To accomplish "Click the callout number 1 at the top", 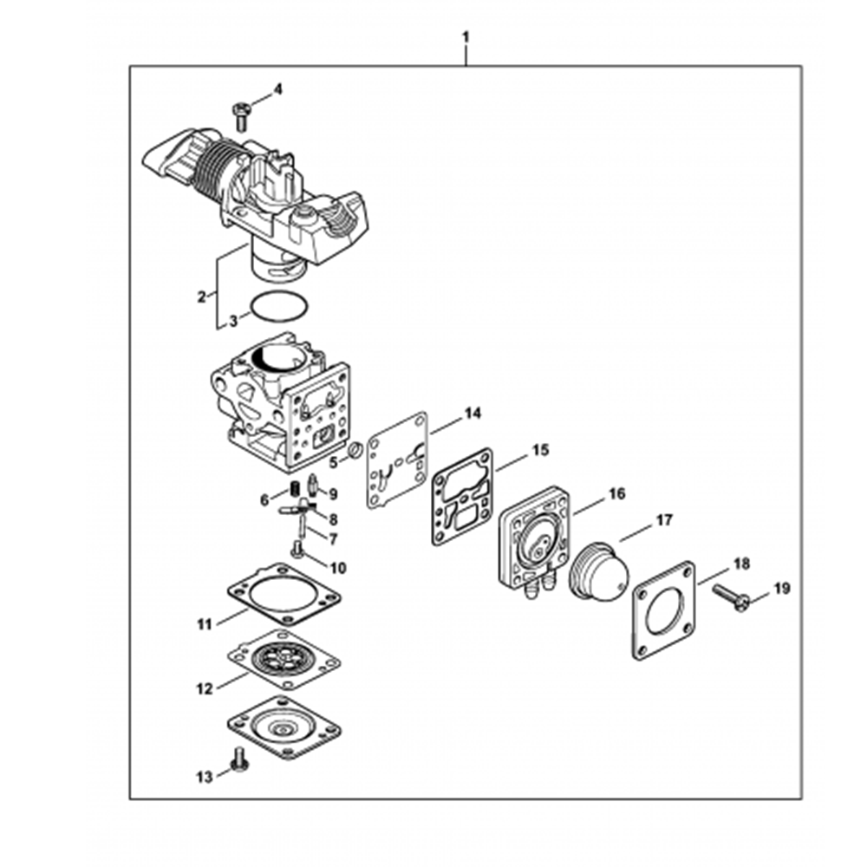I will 466,37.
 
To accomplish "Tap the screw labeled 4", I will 241,114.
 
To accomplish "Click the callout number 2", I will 201,297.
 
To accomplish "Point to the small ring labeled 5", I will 354,452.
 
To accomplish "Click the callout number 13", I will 204,778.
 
